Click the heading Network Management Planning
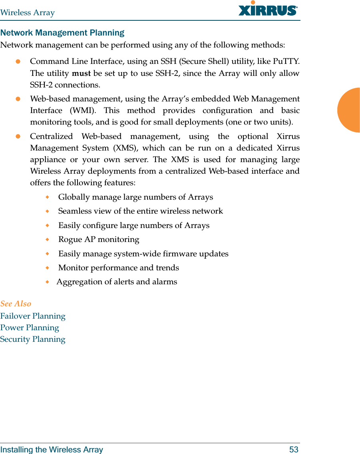click(62, 33)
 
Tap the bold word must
click(81, 73)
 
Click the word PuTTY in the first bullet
click(286, 62)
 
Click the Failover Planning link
click(33, 316)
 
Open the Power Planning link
click(30, 328)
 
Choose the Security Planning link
click(33, 339)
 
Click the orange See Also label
click(16, 304)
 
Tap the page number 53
click(294, 450)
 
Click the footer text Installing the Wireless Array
click(52, 450)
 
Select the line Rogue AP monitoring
click(99, 240)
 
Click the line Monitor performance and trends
click(119, 268)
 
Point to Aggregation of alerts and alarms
click(117, 282)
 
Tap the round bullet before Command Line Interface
click(18, 62)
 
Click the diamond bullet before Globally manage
click(48, 197)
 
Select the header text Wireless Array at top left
click(28, 13)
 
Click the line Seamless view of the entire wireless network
click(141, 211)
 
